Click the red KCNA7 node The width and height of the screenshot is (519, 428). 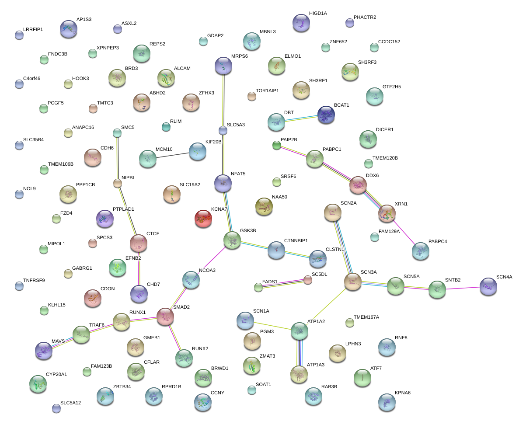(203, 218)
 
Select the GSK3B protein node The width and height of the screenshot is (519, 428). (232, 240)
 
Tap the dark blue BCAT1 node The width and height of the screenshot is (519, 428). (326, 115)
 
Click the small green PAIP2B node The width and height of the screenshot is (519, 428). (276, 145)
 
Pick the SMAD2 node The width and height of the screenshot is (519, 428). (165, 317)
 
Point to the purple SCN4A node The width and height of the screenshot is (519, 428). (488, 286)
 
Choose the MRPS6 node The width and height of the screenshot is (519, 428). (223, 66)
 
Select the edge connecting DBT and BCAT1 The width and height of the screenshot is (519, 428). (301, 119)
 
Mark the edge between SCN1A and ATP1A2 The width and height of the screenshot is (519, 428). (272, 326)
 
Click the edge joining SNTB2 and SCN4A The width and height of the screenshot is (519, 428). (463, 288)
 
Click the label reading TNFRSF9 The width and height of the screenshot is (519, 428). (34, 280)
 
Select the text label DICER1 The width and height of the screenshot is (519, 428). (385, 130)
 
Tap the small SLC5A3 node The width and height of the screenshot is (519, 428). (223, 130)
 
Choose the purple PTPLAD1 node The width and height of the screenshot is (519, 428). (104, 219)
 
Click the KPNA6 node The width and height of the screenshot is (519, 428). (387, 402)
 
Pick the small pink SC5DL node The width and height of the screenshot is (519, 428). (308, 280)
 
